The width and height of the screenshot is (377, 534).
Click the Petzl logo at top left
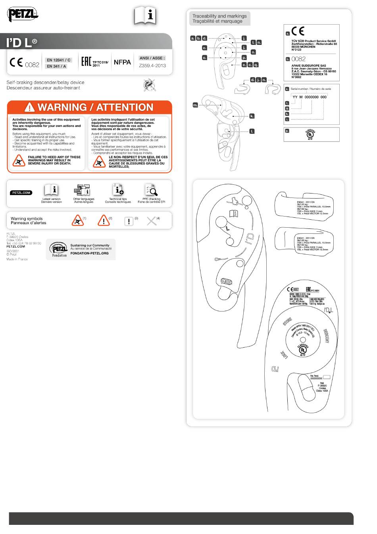tap(23, 15)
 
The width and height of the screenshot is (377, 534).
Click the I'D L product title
tap(22, 43)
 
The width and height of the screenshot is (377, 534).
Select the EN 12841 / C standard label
tap(58, 60)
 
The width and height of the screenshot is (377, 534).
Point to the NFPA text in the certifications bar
tap(122, 62)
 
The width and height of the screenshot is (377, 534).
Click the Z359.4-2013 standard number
tap(152, 66)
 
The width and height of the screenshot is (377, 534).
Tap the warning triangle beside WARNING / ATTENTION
tap(30, 107)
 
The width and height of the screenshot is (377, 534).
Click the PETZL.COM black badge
tap(21, 193)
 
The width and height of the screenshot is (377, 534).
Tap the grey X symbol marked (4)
tap(151, 221)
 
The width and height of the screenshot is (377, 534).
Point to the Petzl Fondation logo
tap(60, 250)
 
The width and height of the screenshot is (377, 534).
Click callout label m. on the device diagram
tap(195, 105)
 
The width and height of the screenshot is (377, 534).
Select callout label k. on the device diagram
tap(252, 116)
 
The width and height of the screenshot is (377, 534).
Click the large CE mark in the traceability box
tap(298, 31)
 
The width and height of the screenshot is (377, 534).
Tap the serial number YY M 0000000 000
tap(309, 97)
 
